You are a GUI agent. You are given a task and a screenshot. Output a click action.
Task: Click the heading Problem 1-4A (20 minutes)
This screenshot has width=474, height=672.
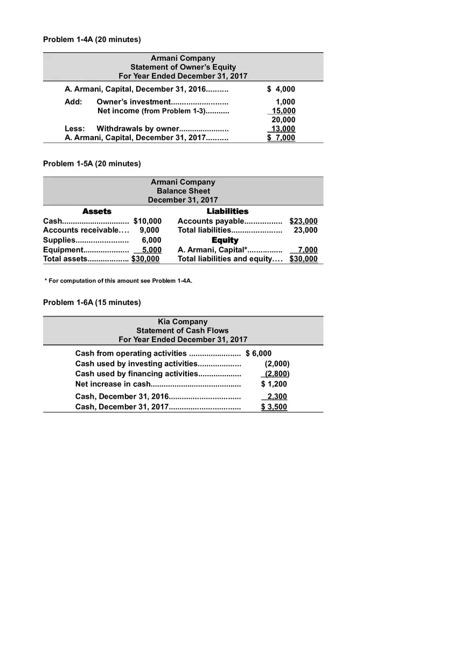92,39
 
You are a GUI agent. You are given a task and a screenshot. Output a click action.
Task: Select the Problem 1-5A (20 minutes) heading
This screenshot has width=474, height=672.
92,163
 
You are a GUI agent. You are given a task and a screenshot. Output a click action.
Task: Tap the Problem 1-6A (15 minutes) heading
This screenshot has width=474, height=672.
92,302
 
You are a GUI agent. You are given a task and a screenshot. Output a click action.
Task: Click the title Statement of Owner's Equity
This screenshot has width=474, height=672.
183,67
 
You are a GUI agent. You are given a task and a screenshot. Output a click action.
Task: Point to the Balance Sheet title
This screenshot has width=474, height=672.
183,191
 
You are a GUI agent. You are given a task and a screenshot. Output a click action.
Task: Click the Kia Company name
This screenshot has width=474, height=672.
183,322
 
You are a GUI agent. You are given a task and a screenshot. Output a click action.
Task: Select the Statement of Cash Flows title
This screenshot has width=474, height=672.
183,330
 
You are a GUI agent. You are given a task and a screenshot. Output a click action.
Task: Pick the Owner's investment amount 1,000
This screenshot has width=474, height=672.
285,102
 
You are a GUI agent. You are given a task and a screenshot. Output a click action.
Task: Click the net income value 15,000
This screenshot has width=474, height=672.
283,111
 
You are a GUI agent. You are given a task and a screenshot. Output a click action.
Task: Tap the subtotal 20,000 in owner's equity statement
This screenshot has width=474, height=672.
283,120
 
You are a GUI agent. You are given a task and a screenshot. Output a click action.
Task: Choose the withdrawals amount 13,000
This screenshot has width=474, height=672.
283,129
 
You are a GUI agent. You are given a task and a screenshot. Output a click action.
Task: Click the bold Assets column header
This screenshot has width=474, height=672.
97,211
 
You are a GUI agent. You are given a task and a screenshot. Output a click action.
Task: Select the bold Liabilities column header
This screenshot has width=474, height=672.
228,211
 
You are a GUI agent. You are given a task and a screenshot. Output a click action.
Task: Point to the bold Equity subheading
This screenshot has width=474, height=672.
225,240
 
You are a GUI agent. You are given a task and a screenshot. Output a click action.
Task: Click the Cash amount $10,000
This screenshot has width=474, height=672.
147,221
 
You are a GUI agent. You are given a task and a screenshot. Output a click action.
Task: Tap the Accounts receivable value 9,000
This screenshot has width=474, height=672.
149,230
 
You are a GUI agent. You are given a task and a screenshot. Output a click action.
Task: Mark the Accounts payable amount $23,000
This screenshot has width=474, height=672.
303,221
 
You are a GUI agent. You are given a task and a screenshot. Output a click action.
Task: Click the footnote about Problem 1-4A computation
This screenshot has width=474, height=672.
118,281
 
